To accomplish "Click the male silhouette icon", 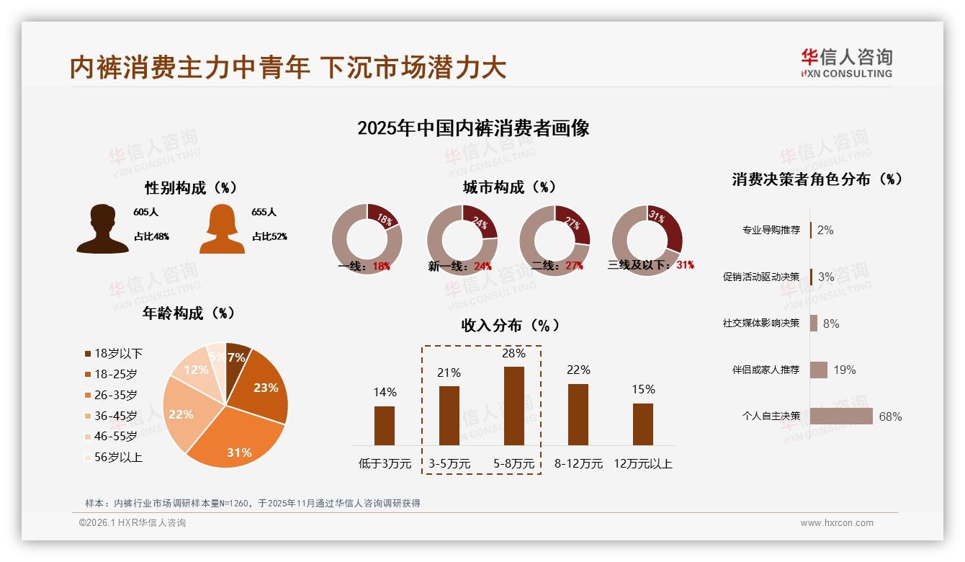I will point(102,229).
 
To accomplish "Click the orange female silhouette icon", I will point(222,229).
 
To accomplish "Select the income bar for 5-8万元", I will point(514,406).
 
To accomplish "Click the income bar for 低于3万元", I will point(385,425).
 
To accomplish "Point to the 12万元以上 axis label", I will point(643,464).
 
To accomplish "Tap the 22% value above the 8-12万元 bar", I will point(578,370).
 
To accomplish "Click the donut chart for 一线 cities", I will point(367,238).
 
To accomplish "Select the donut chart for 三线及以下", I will point(647,238).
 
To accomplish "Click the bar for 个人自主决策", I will point(841,416).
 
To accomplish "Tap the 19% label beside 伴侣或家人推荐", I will point(845,370).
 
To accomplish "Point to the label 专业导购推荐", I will point(771,231).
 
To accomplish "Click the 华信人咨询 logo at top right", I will point(847,63).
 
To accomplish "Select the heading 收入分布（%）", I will point(510,326).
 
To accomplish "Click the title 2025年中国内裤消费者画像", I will point(473,128).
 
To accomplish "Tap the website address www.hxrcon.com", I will point(837,523).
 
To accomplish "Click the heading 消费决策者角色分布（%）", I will point(817,179).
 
